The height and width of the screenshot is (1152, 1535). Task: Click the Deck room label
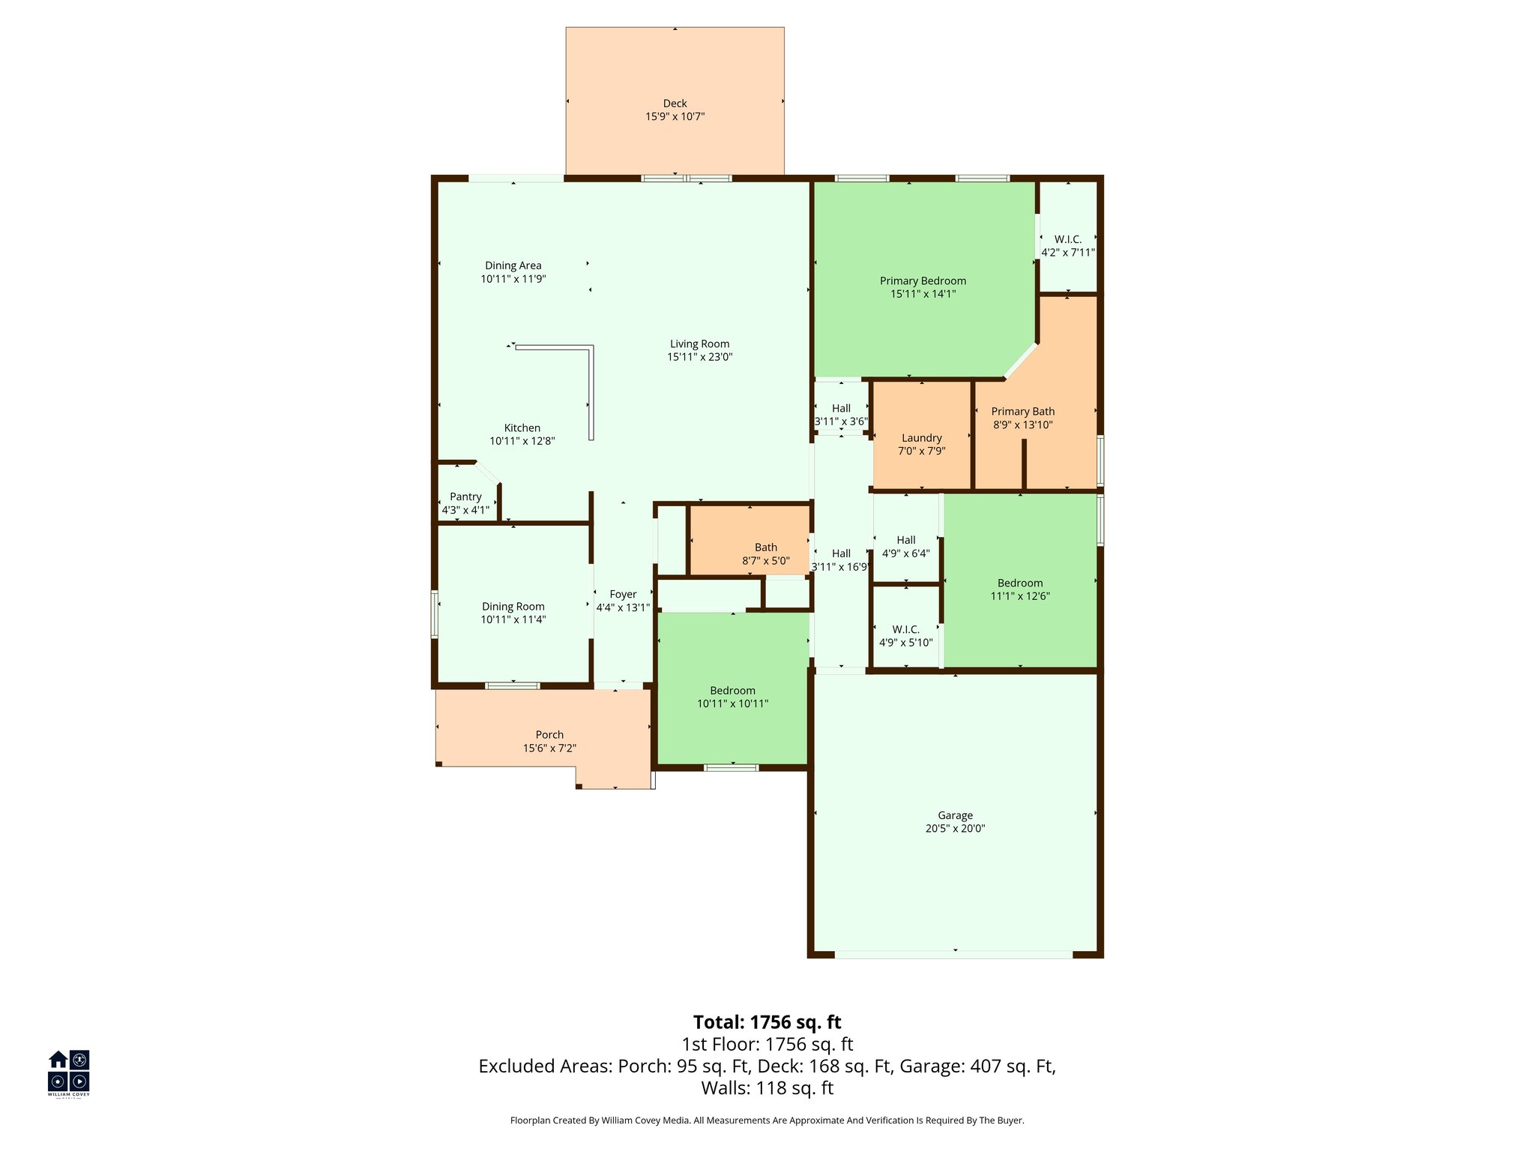pos(675,103)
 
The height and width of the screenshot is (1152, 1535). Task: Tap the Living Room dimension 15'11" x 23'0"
pos(699,358)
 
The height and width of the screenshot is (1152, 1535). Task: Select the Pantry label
pos(465,496)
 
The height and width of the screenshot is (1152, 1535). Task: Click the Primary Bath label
pos(1022,411)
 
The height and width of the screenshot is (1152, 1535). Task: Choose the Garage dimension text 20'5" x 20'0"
pos(955,829)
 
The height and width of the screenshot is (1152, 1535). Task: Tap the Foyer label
pos(623,594)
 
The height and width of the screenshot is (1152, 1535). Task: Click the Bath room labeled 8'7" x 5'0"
pos(765,553)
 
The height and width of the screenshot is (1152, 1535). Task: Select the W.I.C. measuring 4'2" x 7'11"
pos(1067,246)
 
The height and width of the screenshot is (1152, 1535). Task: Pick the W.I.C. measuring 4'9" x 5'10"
pos(905,636)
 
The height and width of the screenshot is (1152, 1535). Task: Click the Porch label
pos(549,735)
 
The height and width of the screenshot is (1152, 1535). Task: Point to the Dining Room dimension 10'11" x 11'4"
pos(513,620)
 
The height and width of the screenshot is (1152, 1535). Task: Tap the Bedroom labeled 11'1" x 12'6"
pos(1019,589)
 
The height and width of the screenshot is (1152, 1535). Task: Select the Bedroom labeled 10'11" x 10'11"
pos(732,697)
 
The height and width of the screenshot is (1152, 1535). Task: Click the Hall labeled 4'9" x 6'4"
pos(905,547)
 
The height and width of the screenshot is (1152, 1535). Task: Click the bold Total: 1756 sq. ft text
pos(767,1022)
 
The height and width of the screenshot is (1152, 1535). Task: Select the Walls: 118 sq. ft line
pos(767,1088)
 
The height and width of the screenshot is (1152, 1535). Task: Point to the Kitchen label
pos(522,427)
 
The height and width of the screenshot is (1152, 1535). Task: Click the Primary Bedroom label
pos(923,280)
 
